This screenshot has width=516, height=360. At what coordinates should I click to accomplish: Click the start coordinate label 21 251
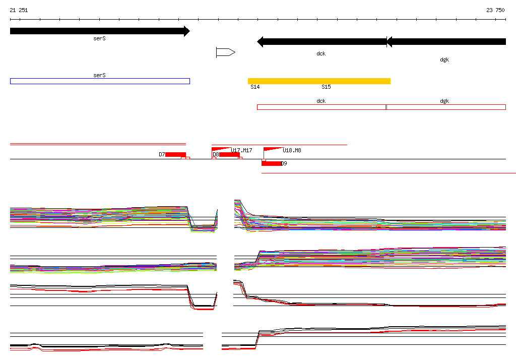pos(19,10)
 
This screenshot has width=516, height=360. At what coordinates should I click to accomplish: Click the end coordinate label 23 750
pos(495,10)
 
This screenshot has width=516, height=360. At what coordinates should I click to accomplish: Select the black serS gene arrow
pos(100,31)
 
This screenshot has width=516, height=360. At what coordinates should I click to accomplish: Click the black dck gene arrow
pos(322,42)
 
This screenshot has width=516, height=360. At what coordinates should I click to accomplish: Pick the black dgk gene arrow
pos(446,42)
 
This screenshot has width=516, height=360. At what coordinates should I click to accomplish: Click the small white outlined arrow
pos(226,52)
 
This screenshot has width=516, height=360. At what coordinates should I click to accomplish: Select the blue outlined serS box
pos(100,81)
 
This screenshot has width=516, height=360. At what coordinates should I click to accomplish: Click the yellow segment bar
pos(319,81)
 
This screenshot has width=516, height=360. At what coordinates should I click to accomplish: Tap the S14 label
pos(255,87)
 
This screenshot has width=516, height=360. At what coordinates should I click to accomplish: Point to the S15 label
pos(326,87)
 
